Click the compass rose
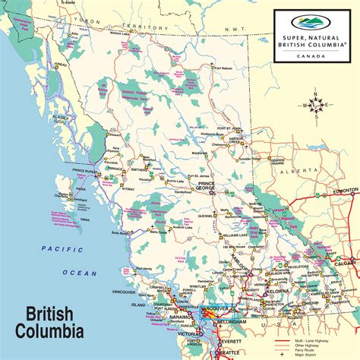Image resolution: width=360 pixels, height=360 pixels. tap(319, 106)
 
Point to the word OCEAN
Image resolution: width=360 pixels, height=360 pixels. tap(79, 273)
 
